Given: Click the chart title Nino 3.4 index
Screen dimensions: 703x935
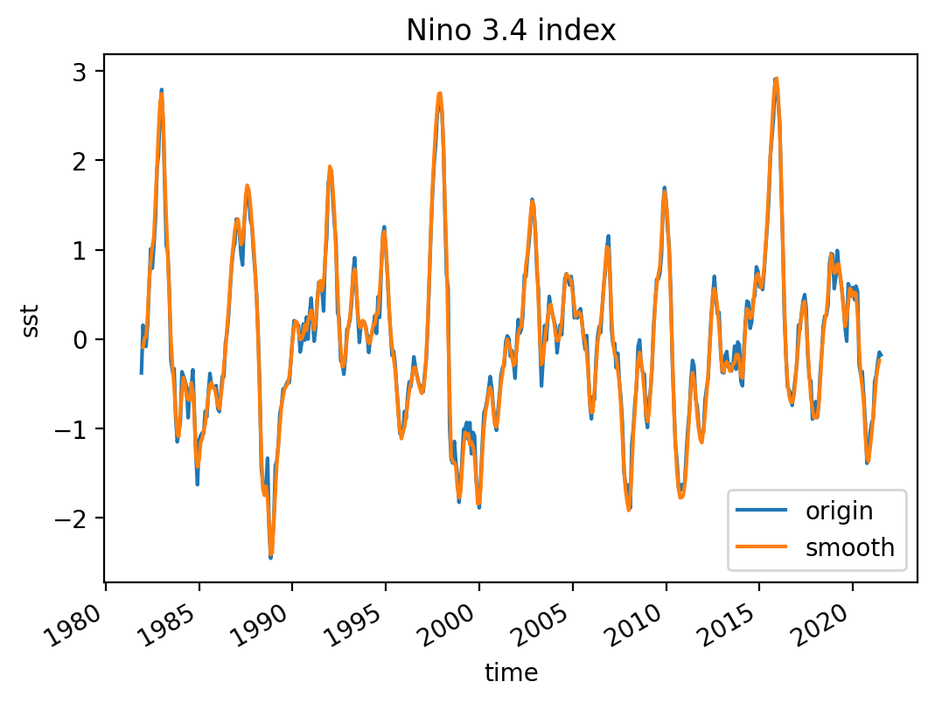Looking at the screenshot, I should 511,31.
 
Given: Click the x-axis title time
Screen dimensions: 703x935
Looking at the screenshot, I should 511,672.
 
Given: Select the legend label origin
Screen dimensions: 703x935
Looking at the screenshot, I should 839,510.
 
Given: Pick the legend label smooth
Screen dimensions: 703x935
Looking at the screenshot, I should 849,547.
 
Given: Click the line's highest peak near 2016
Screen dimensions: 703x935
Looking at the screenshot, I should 776,80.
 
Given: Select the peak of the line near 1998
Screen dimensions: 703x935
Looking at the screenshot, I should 439,94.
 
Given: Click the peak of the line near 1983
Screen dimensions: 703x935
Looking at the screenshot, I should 162,91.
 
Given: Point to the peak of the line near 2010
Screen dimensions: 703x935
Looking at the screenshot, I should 665,190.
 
